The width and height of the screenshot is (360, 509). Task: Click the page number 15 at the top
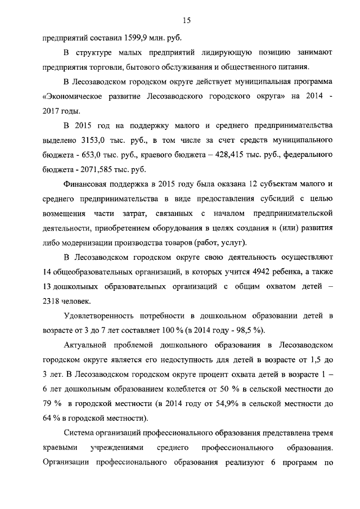click(x=187, y=21)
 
